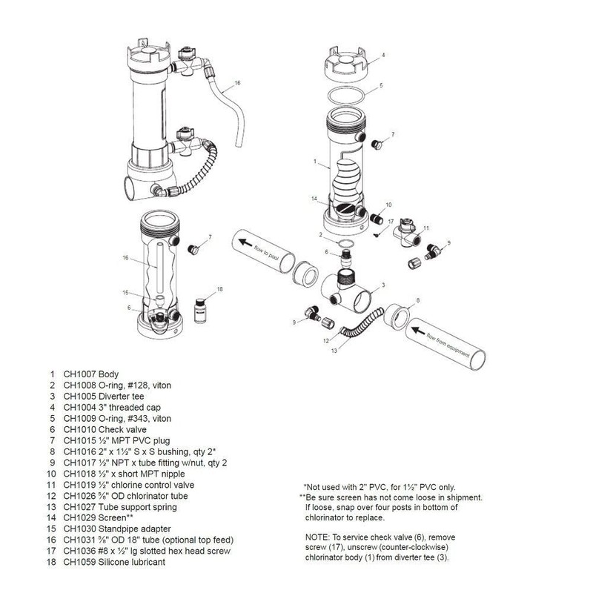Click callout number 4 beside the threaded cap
click(383, 55)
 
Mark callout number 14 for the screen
click(314, 199)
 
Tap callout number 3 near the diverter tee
click(382, 285)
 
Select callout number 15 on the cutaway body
click(126, 292)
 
